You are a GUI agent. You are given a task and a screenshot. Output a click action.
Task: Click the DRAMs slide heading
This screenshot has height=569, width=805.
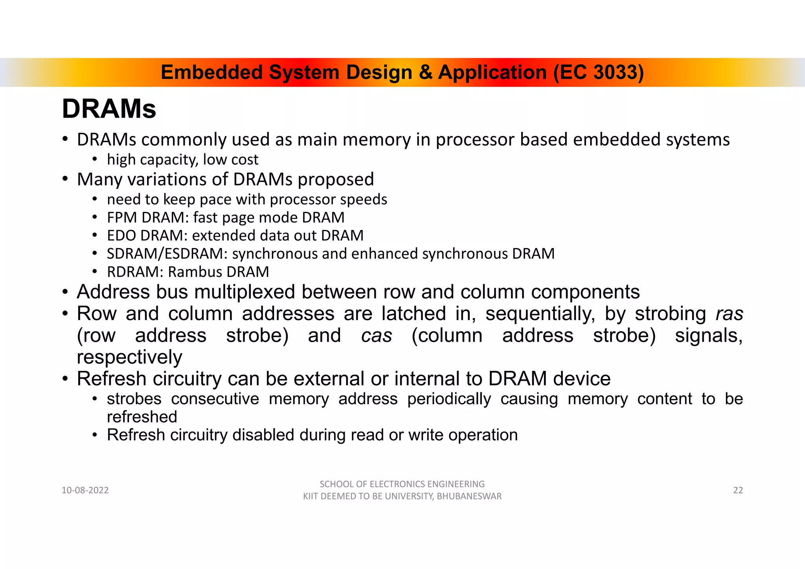(109, 109)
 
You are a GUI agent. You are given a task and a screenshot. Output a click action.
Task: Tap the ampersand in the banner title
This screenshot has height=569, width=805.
(425, 72)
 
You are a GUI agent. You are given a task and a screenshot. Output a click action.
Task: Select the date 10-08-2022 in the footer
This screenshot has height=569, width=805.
(85, 490)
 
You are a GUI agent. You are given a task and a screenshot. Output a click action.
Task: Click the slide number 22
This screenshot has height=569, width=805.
(738, 490)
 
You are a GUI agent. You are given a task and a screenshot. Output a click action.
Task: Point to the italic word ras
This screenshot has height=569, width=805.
(729, 314)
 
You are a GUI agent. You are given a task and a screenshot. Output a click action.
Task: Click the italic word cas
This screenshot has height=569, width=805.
(376, 336)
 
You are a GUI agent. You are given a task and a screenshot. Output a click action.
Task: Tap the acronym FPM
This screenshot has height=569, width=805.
(122, 217)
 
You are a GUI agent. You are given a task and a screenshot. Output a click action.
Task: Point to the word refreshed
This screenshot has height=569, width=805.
(142, 417)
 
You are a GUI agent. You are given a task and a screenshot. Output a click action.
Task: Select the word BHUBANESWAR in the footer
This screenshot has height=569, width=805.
(469, 496)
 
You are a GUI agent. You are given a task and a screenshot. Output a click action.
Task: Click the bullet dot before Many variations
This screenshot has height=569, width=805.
(65, 179)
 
